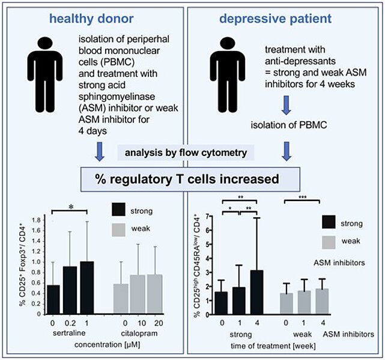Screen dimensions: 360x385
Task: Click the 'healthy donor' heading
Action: [x=94, y=19]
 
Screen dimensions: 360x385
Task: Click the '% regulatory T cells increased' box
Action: [x=191, y=179]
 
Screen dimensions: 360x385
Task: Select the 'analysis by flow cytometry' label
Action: [x=190, y=154]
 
